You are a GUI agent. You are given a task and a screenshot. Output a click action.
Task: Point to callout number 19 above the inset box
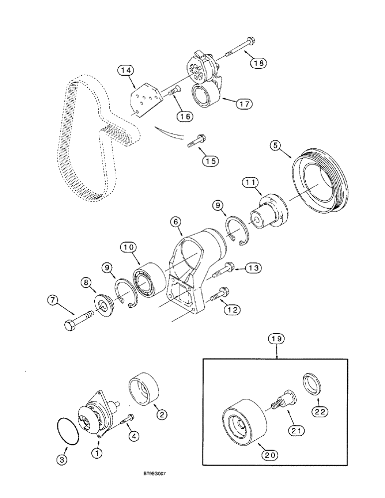[x=278, y=340]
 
